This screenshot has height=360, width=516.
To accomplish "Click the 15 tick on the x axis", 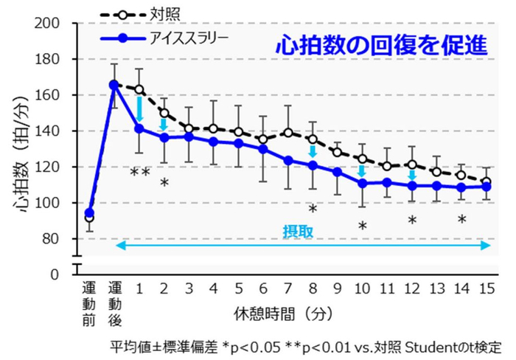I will (x=486, y=287).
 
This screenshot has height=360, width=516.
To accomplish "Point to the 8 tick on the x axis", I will (x=312, y=287).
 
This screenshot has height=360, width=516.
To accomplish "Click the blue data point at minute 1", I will (x=139, y=128).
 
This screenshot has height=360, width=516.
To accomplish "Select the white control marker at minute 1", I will (x=139, y=89).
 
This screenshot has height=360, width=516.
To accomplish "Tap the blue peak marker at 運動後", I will (x=114, y=85).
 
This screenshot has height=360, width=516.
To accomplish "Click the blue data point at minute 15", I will (x=486, y=187).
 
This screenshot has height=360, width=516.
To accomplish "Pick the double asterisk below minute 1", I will (x=140, y=173).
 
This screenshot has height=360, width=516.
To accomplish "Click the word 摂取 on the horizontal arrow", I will (x=299, y=230).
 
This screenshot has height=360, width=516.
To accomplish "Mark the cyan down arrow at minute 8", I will (x=312, y=151).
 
